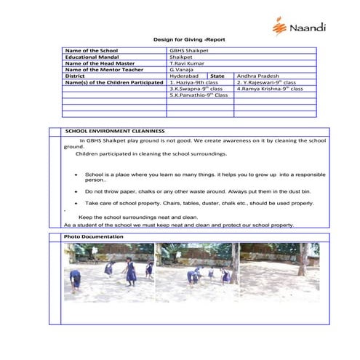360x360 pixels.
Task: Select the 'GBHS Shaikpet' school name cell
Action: pos(187,51)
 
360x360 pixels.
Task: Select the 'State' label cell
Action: pos(217,76)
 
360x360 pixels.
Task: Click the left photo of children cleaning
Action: pos(108,273)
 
